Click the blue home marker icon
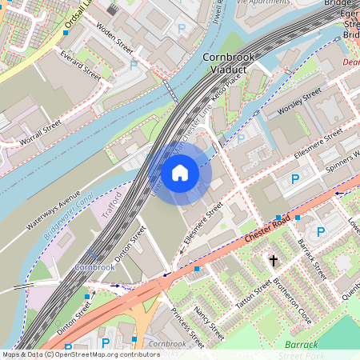coord(180,172)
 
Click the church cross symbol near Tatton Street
coord(274,261)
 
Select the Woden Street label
coord(114,39)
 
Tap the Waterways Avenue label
coord(54,210)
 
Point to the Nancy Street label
coord(209,315)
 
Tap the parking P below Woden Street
coord(133,64)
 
